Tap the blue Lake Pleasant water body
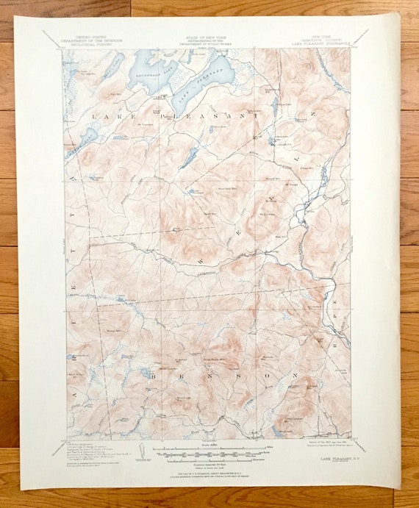tap(209, 74)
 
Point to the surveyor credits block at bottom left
tap(92, 450)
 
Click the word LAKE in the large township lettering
tap(107, 116)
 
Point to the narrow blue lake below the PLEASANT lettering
tap(190, 157)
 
